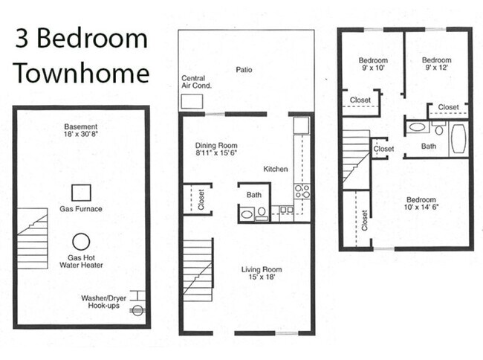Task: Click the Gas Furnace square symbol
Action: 81,192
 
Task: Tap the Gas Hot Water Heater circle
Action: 81,241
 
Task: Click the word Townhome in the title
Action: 81,73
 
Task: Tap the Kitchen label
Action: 275,170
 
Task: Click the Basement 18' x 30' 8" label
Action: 81,131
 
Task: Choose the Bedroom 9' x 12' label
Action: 436,65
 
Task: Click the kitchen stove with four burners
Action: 302,190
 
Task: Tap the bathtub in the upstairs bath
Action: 458,138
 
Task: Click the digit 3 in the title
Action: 25,39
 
